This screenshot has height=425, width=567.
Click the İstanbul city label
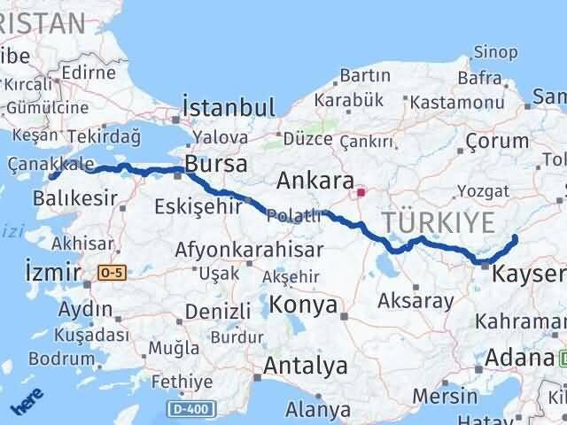(229, 108)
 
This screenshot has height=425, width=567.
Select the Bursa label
(216, 165)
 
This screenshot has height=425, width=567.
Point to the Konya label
(303, 305)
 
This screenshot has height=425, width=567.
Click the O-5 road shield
(112, 272)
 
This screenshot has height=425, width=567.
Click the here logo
(27, 404)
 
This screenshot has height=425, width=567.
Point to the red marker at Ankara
(361, 191)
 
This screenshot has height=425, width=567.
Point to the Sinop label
(496, 51)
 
